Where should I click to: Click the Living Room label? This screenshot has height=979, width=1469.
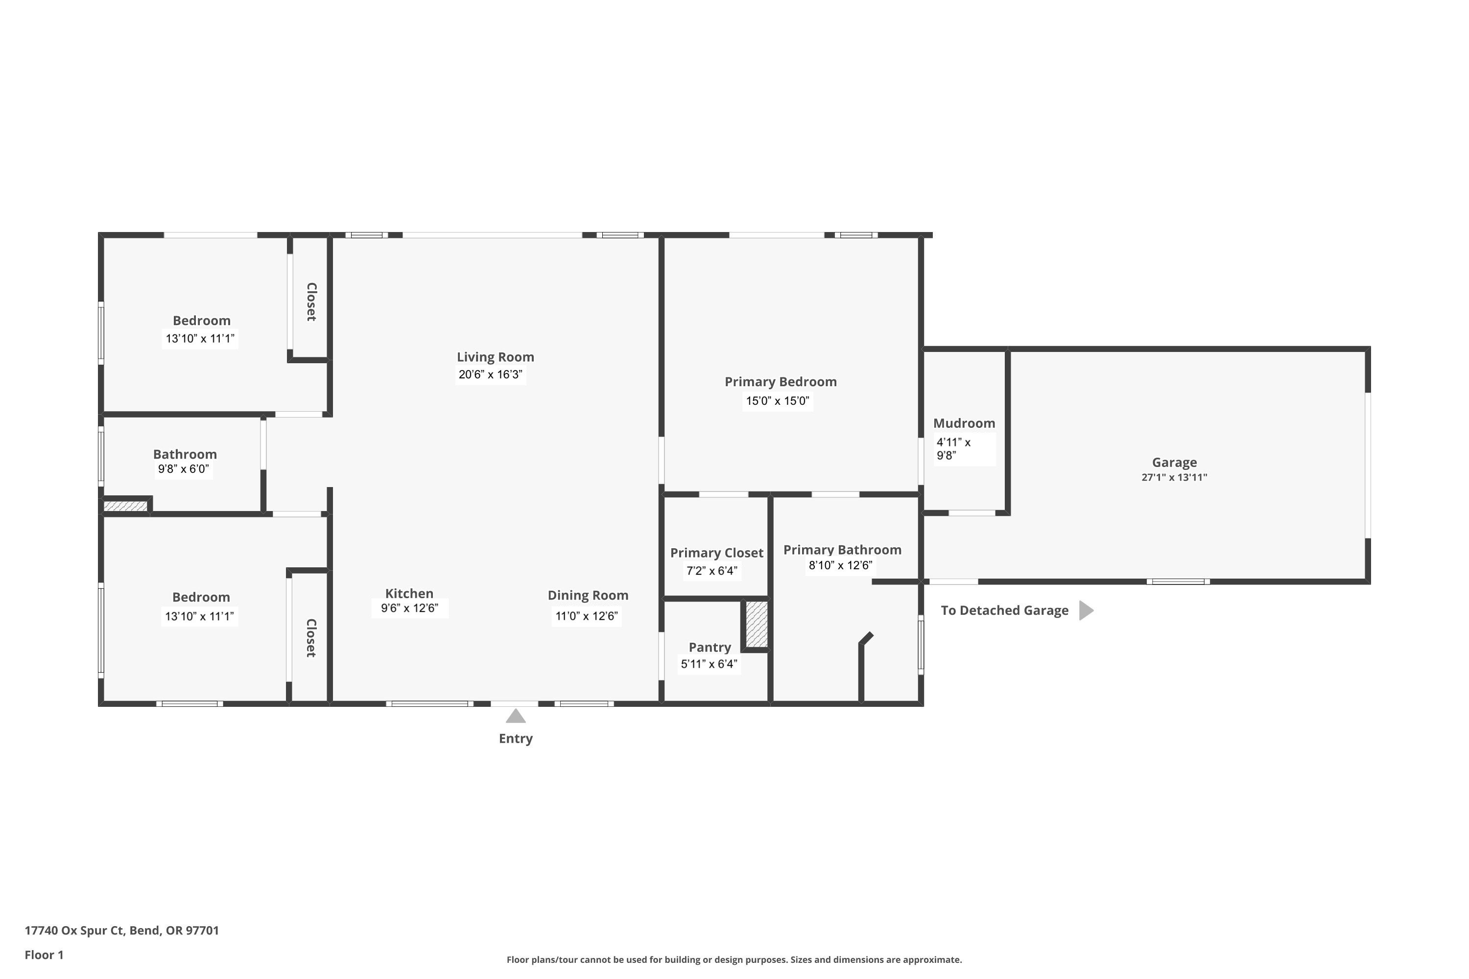[x=495, y=357]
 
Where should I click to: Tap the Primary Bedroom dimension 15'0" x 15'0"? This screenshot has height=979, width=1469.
[x=778, y=401]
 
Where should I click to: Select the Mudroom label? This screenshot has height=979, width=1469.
[x=964, y=423]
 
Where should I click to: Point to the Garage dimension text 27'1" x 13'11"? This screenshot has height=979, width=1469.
[x=1174, y=478]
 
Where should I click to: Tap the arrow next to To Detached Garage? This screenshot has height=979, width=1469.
[x=1086, y=610]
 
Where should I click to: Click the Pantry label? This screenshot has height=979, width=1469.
[x=710, y=648]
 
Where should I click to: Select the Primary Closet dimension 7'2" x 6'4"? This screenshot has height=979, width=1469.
[x=712, y=571]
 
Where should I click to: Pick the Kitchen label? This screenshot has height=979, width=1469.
[x=409, y=594]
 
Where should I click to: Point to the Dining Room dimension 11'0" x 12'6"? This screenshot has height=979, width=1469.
[x=587, y=616]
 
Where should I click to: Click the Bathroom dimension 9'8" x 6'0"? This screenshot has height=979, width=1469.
[x=184, y=469]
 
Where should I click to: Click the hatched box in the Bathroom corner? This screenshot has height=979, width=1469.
[x=125, y=506]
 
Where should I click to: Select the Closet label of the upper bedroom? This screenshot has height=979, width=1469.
[x=311, y=302]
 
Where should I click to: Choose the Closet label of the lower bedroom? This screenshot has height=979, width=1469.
[x=311, y=638]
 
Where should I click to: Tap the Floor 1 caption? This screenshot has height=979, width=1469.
[x=44, y=955]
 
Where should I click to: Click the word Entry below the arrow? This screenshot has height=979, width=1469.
[x=516, y=739]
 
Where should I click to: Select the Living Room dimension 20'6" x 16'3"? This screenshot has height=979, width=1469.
[x=490, y=374]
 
